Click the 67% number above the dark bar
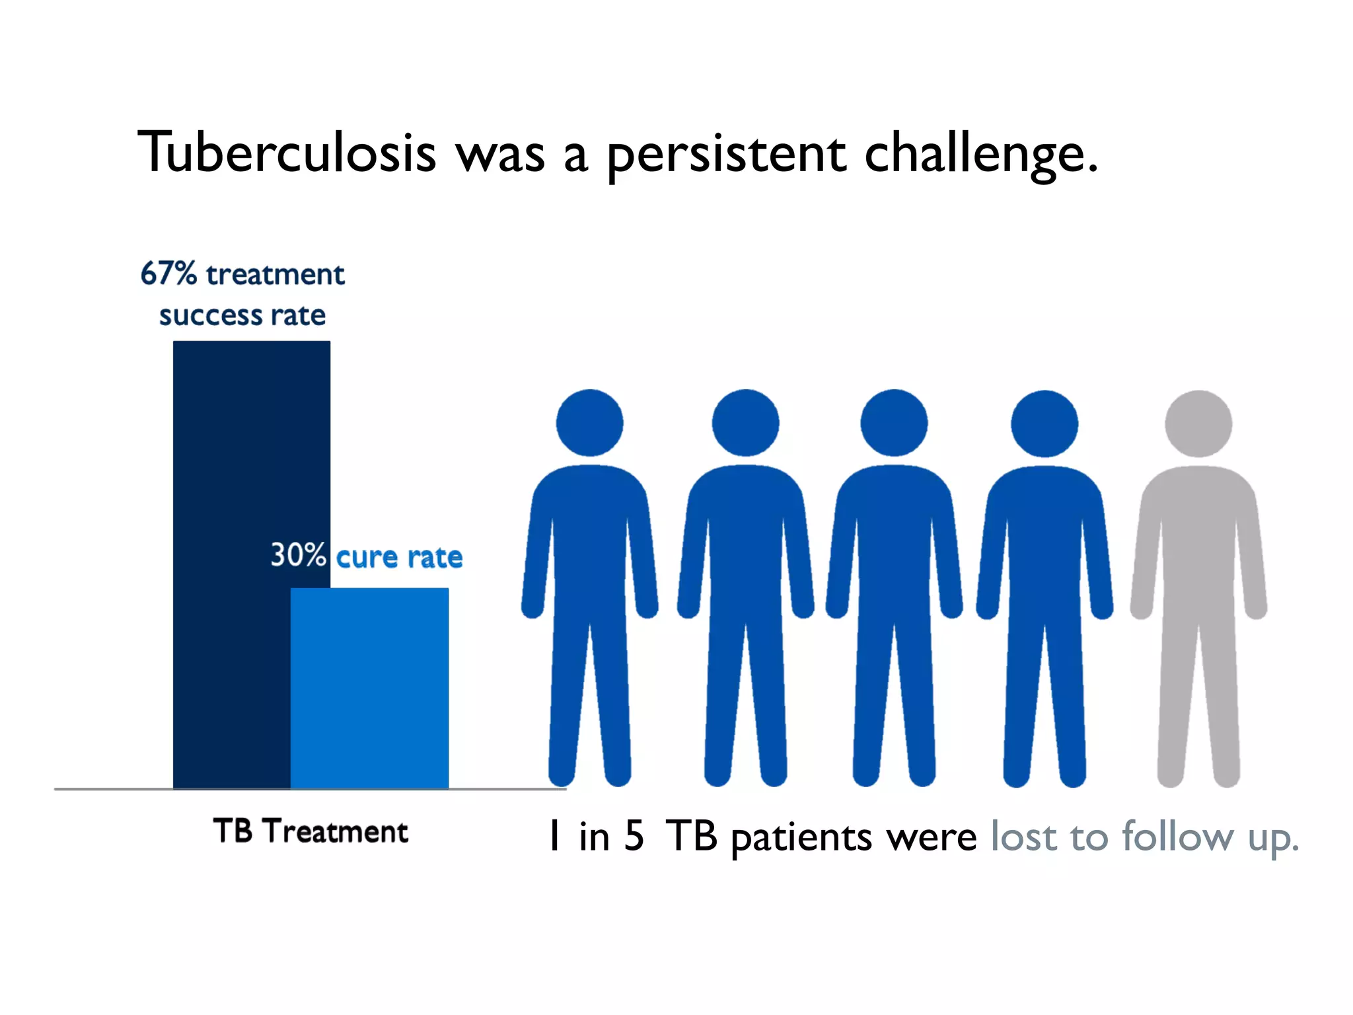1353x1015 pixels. [168, 274]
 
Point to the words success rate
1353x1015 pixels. [242, 316]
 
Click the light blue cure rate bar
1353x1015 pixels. [369, 687]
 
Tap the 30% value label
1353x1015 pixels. [298, 555]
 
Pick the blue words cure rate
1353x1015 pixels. [399, 558]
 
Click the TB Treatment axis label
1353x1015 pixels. [310, 831]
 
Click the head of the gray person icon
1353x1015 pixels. [1198, 423]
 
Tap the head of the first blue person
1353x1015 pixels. [589, 423]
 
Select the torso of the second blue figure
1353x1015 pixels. [745, 542]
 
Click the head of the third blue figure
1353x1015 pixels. [894, 423]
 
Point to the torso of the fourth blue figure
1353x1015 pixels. [1044, 542]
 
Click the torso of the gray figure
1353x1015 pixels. [1198, 542]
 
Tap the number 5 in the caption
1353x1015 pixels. [634, 836]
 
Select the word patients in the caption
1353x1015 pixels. [801, 838]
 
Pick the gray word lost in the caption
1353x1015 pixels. [1024, 836]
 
